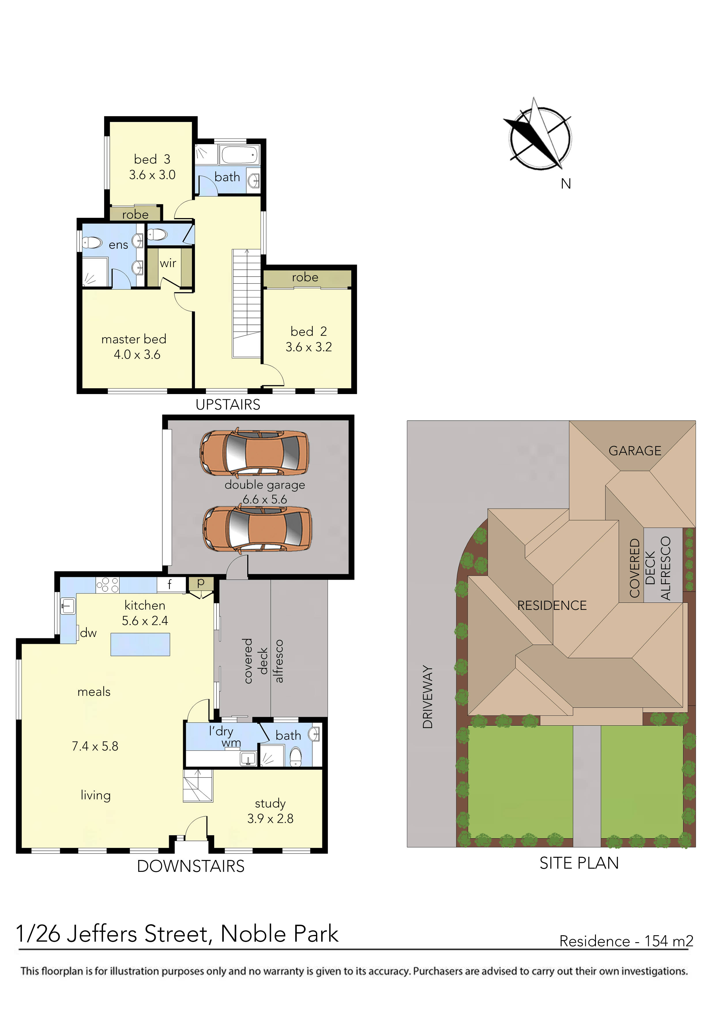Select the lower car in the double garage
point(257,529)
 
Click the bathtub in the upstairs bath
point(239,155)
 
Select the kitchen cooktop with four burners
point(108,585)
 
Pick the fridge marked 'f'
point(170,585)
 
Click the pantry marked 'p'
point(201,583)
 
